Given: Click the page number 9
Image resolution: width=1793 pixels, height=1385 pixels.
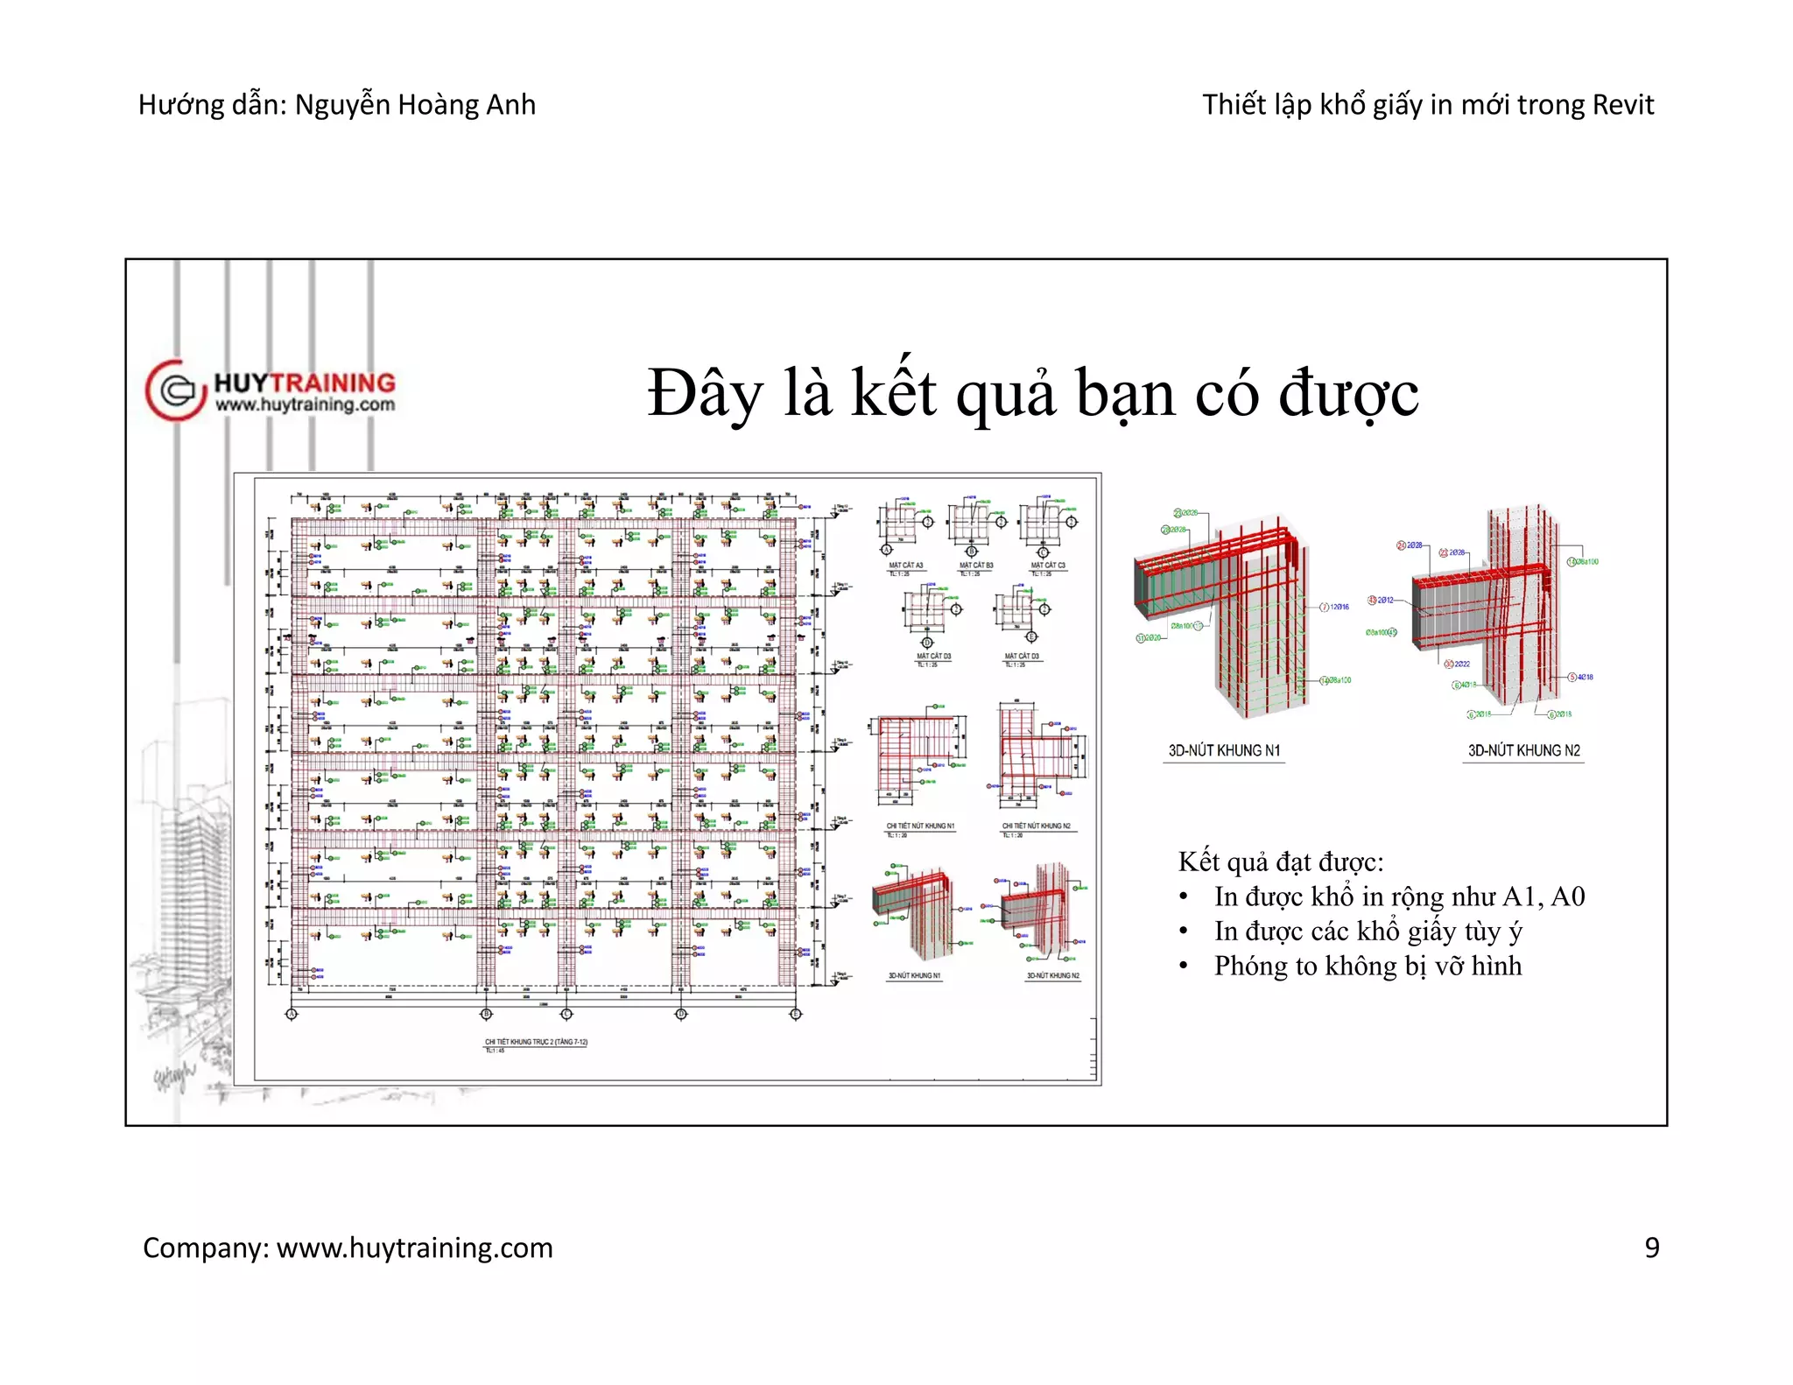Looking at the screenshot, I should (x=1651, y=1248).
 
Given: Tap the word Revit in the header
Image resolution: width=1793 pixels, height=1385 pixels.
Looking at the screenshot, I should (x=1622, y=105).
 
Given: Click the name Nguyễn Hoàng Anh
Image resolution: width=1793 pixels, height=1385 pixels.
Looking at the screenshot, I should (x=415, y=105).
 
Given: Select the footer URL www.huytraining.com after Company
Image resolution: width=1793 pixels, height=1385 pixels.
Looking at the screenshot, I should (x=415, y=1248).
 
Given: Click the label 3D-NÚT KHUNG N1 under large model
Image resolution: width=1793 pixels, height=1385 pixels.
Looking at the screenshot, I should (x=1224, y=751).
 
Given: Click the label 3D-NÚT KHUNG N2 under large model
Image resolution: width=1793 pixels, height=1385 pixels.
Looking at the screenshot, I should (x=1523, y=751).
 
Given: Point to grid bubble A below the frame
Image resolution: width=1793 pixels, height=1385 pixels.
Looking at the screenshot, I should (x=292, y=1014).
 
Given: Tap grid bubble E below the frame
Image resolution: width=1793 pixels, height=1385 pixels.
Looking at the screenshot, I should (x=795, y=1014).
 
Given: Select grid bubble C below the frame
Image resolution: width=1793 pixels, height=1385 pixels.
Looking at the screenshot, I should (x=566, y=1014).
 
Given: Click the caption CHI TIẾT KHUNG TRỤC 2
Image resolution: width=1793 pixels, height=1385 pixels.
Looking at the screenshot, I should (x=536, y=1042).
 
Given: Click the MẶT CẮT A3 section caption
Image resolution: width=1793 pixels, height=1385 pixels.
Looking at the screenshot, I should (x=905, y=566).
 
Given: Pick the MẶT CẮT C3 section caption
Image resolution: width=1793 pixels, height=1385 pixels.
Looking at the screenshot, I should (x=1048, y=566).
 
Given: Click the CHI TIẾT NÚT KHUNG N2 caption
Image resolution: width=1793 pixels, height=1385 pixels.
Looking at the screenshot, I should (x=1036, y=826).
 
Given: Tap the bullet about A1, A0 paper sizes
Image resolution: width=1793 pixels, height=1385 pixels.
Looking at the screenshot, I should (x=1398, y=896).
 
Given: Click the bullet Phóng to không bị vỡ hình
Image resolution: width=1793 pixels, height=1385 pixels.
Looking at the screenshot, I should (x=1367, y=966).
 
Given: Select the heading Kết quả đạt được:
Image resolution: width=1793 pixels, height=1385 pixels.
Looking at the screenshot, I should (x=1280, y=862).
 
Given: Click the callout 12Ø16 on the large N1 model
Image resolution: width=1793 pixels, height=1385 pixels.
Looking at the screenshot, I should (x=1339, y=607).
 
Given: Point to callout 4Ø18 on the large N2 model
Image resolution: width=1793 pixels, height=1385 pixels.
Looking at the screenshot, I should (x=1585, y=677).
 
